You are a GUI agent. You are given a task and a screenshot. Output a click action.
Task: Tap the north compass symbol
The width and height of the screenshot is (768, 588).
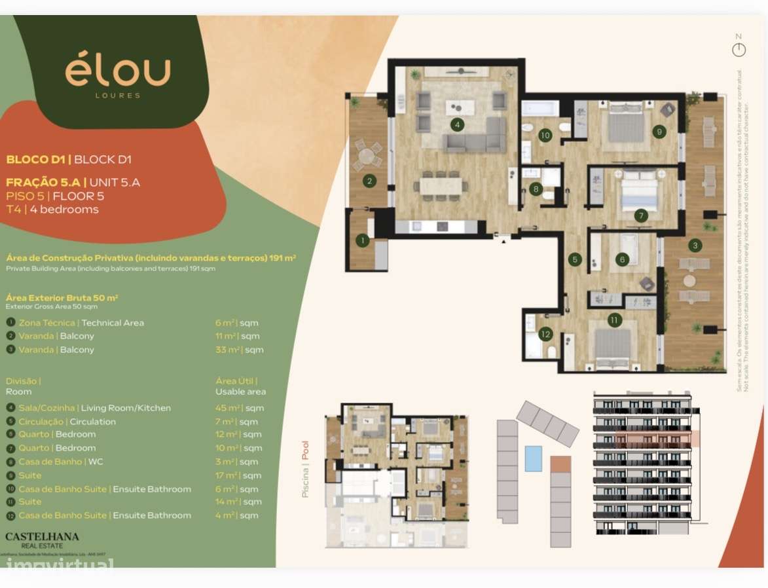739,50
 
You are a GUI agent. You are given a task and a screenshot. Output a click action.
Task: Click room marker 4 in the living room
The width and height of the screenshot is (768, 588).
458,123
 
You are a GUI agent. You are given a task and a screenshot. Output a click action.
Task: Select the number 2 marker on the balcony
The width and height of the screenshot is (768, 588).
369,181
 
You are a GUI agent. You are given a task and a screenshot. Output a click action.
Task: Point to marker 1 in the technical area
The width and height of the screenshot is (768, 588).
362,241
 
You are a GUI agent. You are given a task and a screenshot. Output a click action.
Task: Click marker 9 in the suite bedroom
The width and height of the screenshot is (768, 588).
659,131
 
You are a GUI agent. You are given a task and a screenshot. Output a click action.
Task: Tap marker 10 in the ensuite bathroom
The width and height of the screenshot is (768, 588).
545,136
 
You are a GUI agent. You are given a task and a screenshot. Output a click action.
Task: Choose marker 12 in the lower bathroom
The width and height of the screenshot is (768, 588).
545,334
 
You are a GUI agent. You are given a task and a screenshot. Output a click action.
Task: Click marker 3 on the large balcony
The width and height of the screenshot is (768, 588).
695,246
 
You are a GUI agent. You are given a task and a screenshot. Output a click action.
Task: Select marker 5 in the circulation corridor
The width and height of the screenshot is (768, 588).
575,259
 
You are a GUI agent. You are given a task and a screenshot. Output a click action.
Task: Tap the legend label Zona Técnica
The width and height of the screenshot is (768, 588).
48,323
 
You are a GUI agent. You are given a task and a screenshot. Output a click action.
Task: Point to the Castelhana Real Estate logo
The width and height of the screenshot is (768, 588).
42,540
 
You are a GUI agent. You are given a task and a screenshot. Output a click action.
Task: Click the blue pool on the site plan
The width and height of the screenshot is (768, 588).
534,458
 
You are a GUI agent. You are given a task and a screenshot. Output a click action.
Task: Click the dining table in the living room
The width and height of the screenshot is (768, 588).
441,185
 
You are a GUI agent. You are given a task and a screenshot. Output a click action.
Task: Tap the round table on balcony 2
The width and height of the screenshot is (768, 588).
367,157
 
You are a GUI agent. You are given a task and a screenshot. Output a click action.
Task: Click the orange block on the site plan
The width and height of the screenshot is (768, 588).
560,464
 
